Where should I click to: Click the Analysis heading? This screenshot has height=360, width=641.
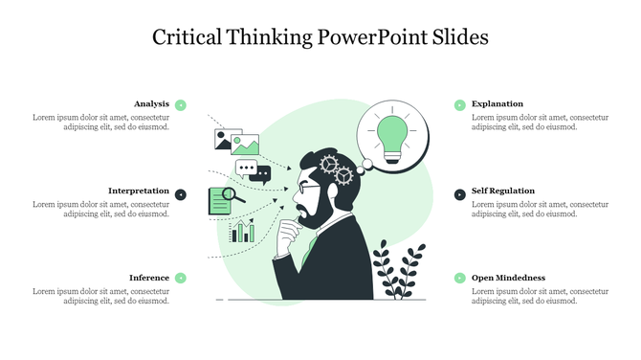pyautogui.click(x=151, y=103)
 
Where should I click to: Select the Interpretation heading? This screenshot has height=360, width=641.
pyautogui.click(x=139, y=191)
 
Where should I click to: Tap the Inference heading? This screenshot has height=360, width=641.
pyautogui.click(x=149, y=278)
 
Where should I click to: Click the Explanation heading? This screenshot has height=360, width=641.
pyautogui.click(x=497, y=103)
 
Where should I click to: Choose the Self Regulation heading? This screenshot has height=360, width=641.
pyautogui.click(x=503, y=191)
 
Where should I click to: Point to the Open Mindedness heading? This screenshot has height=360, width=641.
pyautogui.click(x=508, y=278)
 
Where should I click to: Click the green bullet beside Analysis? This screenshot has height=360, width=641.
pyautogui.click(x=181, y=104)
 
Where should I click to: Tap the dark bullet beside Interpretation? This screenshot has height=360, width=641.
pyautogui.click(x=181, y=194)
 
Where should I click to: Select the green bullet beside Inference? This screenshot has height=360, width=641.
pyautogui.click(x=181, y=278)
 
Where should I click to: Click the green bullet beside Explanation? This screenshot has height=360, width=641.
pyautogui.click(x=459, y=104)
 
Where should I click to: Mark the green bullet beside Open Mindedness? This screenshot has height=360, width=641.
pyautogui.click(x=459, y=278)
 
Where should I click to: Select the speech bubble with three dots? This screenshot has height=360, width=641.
pyautogui.click(x=252, y=170)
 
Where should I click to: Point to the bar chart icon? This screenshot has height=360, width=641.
pyautogui.click(x=242, y=231)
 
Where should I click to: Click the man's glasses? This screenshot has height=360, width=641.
pyautogui.click(x=305, y=187)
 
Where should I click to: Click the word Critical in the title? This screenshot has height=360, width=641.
pyautogui.click(x=187, y=37)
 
